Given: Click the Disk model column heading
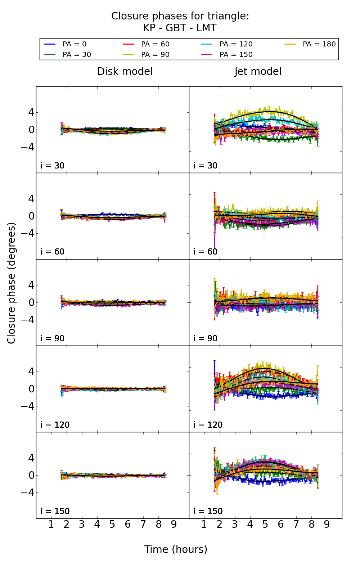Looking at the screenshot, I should (x=125, y=72).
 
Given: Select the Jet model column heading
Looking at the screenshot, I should (x=258, y=72).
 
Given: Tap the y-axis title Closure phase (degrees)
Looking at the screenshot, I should (x=12, y=283).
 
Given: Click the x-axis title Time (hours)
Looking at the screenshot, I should (x=176, y=550).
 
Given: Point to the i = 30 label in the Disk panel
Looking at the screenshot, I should (x=53, y=166).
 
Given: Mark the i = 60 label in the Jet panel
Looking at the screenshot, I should (x=206, y=252).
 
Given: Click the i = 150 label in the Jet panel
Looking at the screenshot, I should (x=208, y=511).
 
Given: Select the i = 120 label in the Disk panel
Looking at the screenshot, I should (x=55, y=425).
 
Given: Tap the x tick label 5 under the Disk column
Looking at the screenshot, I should (x=112, y=525).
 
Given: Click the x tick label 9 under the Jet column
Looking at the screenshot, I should (x=327, y=525).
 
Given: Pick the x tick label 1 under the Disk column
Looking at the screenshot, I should (x=51, y=525).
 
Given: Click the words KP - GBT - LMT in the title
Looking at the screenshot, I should (x=180, y=28).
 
